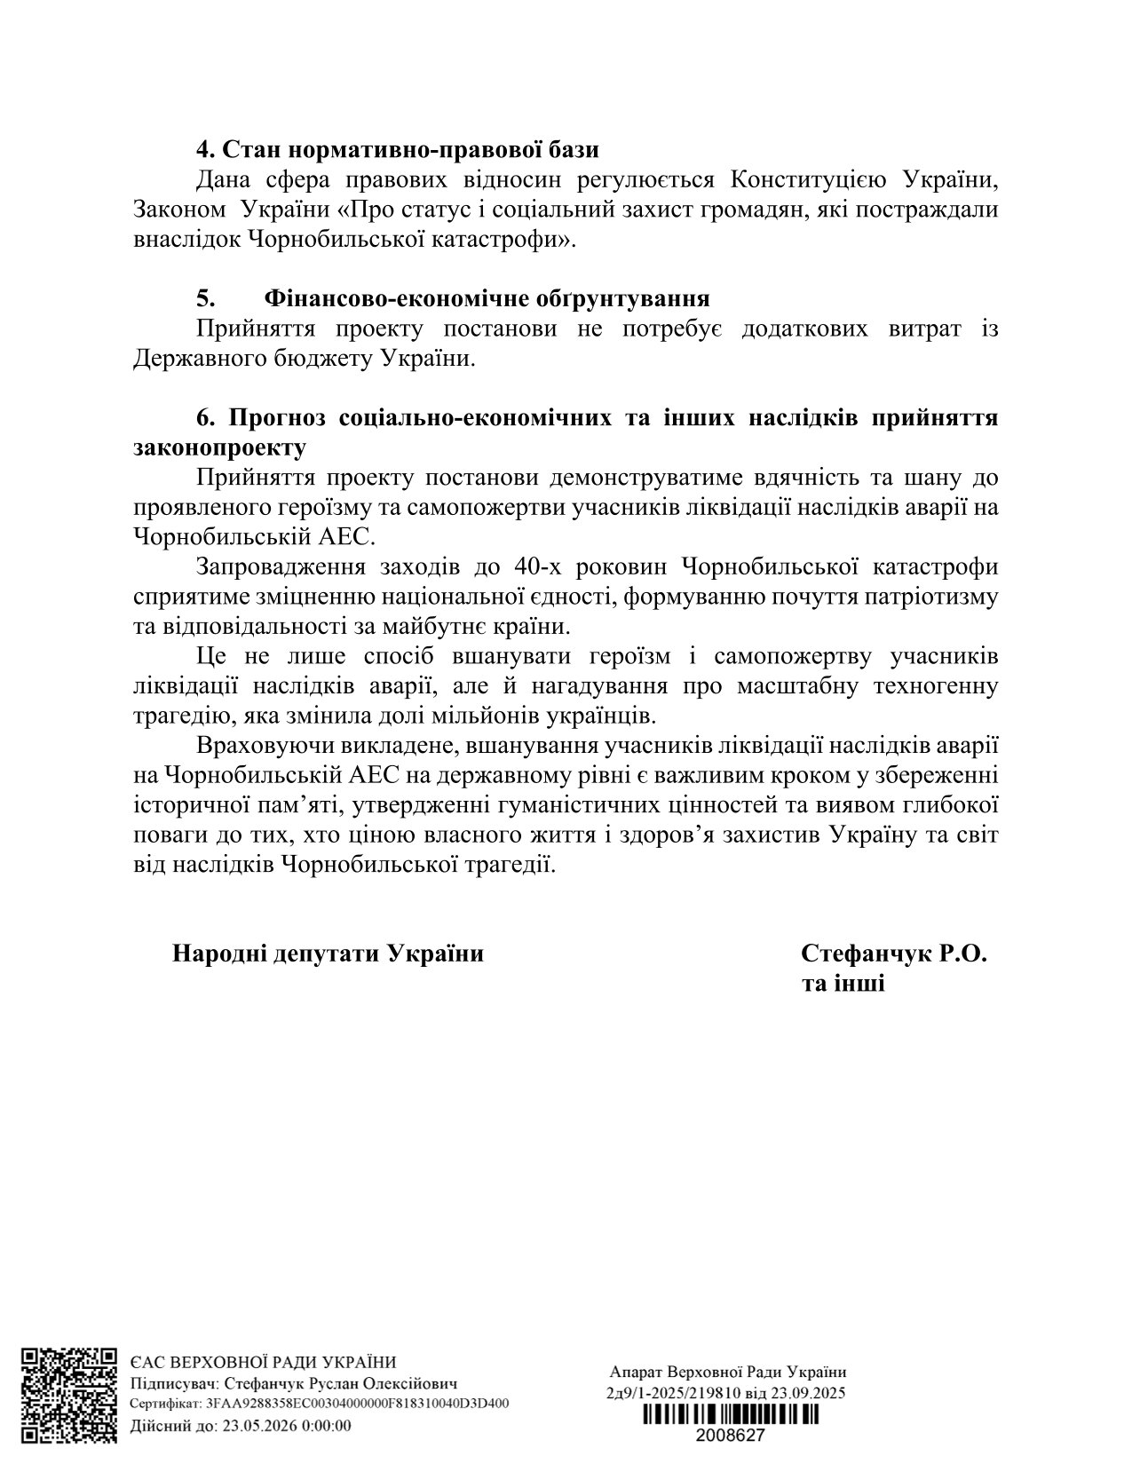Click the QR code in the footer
tap(69, 1395)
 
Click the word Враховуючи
tap(263, 746)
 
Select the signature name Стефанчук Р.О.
tap(893, 954)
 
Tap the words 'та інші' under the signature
tap(843, 984)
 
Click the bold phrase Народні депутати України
tap(328, 954)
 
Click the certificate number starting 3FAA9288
tap(357, 1405)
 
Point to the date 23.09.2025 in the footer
tap(809, 1392)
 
